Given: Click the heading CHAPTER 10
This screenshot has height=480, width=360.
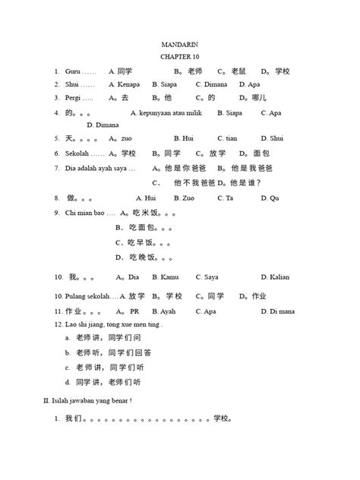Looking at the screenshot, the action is click(x=179, y=58).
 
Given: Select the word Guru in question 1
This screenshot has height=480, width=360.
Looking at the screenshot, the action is click(x=73, y=71).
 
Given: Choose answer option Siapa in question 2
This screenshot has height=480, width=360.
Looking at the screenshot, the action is click(x=167, y=84).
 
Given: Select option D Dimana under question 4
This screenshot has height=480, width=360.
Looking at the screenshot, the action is click(x=103, y=125).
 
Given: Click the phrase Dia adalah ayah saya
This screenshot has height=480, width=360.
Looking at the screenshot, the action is click(x=99, y=167).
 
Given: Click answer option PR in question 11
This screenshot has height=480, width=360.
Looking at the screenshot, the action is click(x=134, y=311).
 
